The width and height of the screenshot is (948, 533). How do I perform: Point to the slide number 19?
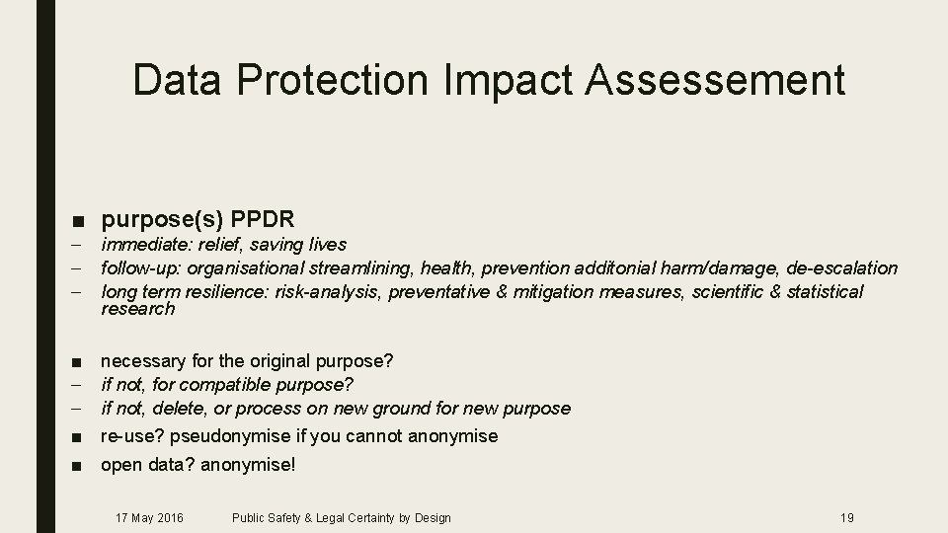pyautogui.click(x=846, y=517)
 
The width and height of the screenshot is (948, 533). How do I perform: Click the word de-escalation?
pyautogui.click(x=842, y=267)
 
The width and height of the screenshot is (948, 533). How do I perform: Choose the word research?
pyautogui.click(x=137, y=309)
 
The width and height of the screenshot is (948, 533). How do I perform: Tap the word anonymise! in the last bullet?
pyautogui.click(x=248, y=463)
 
